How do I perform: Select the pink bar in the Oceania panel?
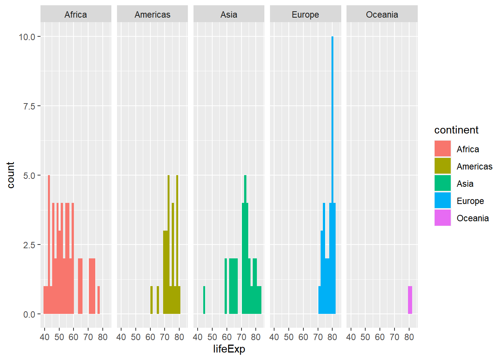[x=410, y=300]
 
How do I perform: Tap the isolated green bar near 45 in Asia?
[x=204, y=300]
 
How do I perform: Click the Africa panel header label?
[x=76, y=15]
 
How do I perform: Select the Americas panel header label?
[x=152, y=15]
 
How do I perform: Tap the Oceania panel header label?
[x=382, y=15]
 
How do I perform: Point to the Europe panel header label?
[x=305, y=15]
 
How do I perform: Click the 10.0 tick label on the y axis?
[x=27, y=37]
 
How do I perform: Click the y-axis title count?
[x=10, y=175]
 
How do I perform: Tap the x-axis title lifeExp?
[x=229, y=349]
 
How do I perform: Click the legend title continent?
[x=456, y=130]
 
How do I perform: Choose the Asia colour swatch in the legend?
[x=442, y=183]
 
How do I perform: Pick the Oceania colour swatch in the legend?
[x=442, y=218]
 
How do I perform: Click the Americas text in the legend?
[x=474, y=166]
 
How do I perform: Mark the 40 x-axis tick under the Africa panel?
[x=45, y=337]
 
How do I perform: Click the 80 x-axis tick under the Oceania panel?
[x=409, y=337]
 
